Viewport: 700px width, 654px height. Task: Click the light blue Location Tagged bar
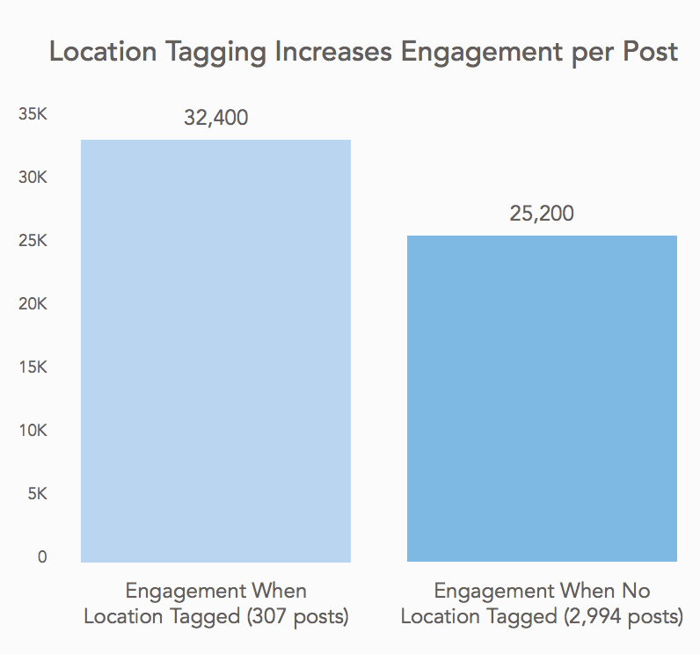coord(215,351)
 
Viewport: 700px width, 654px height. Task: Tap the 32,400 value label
coord(216,117)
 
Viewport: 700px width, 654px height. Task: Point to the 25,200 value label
coord(542,213)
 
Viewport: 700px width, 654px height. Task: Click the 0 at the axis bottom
coord(41,557)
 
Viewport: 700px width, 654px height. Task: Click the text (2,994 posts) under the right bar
coord(623,617)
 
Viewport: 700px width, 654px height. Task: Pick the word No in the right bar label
coord(637,591)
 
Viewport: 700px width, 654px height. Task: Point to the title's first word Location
coord(92,52)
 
